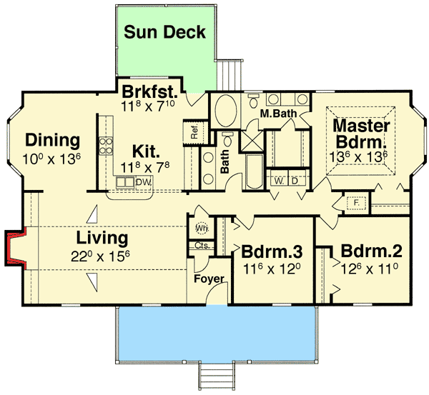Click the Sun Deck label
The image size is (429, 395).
pyautogui.click(x=164, y=32)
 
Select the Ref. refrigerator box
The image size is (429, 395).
pyautogui.click(x=194, y=132)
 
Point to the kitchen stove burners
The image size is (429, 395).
pyautogui.click(x=107, y=146)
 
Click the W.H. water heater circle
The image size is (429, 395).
pyautogui.click(x=201, y=228)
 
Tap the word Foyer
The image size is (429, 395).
pyautogui.click(x=209, y=279)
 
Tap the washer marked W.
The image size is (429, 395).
pyautogui.click(x=278, y=181)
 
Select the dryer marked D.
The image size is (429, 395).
pyautogui.click(x=293, y=181)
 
